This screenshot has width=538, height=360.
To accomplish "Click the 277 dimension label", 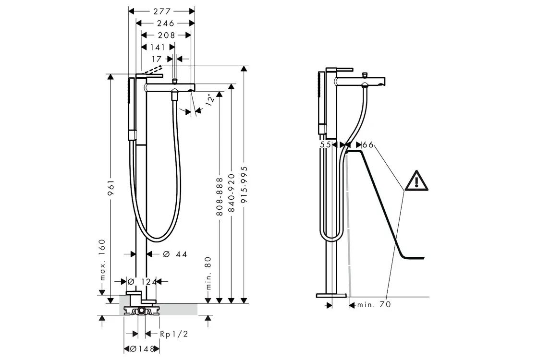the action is click(162, 12).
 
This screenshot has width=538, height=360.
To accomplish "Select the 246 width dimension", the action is click(166, 24).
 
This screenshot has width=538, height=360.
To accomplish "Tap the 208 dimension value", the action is click(166, 36).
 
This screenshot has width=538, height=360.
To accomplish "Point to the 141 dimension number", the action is click(158, 48).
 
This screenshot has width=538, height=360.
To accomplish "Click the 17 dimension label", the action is click(157, 60).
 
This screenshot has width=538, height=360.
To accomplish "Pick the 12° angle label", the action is click(211, 99).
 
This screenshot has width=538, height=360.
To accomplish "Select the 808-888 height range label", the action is click(219, 196).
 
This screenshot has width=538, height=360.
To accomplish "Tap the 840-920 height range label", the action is click(232, 192).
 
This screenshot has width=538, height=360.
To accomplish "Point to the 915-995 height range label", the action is click(245, 185).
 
